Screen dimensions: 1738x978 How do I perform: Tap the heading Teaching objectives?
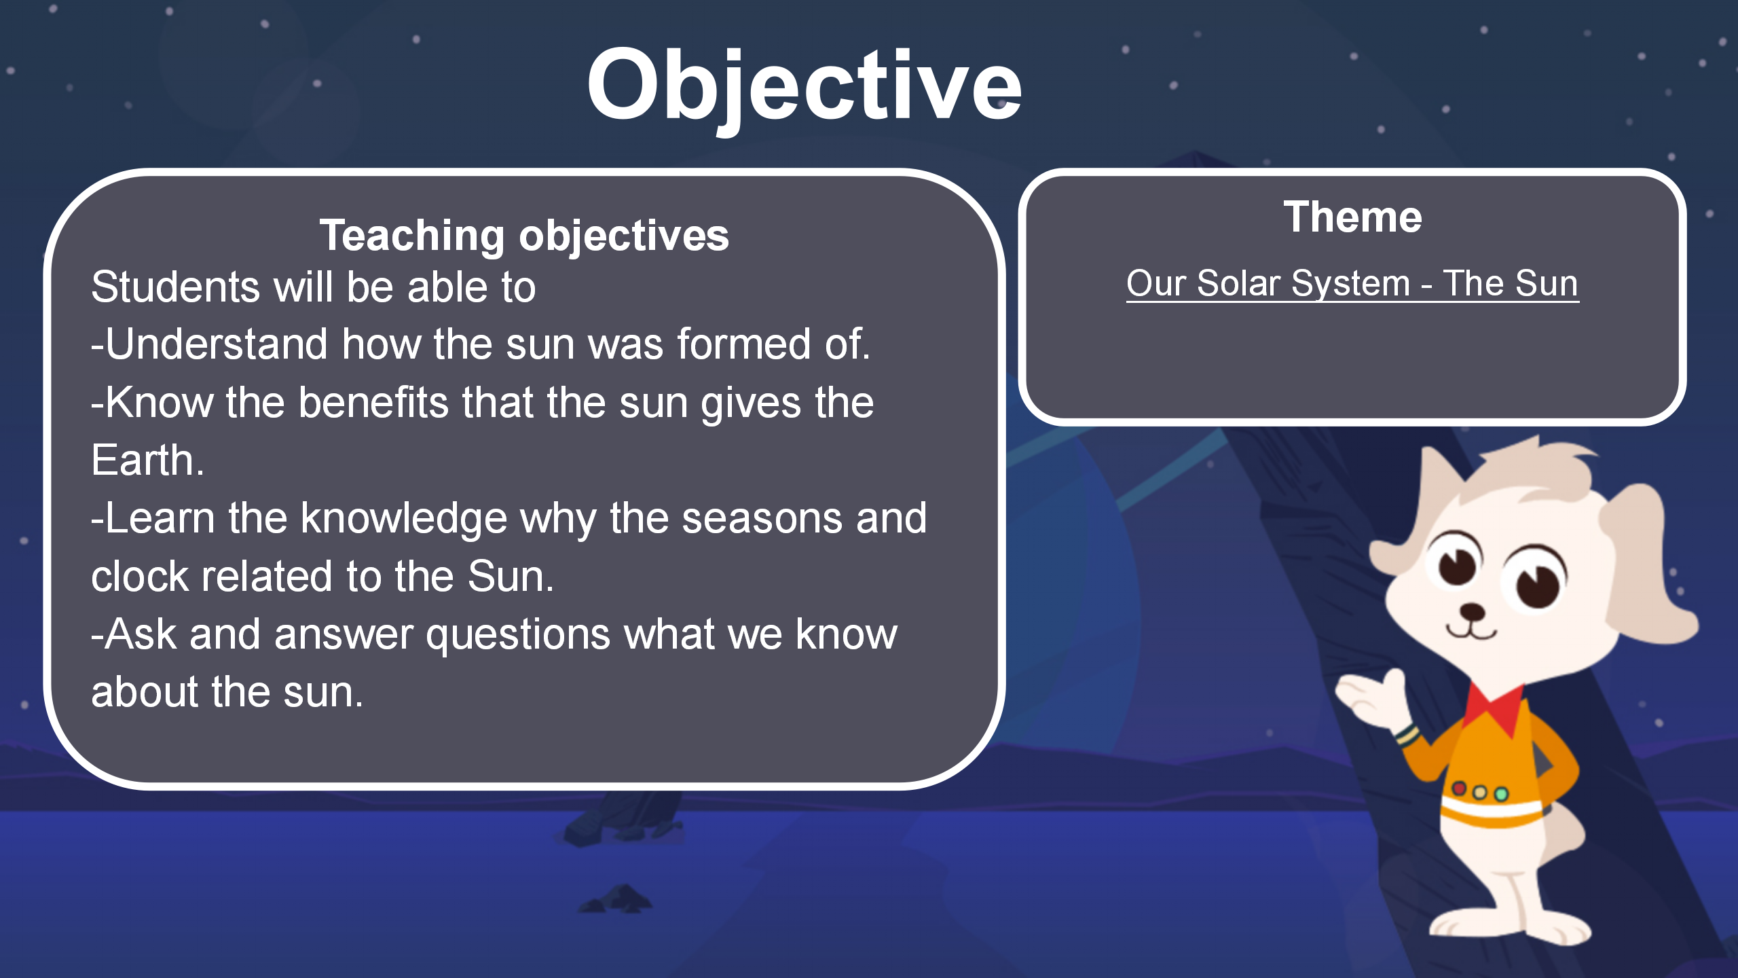524,236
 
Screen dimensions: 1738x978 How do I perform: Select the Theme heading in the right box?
1352,217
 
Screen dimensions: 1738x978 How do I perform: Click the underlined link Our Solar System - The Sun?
1352,283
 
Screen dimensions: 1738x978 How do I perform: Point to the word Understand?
218,344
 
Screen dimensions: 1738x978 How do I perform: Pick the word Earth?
147,460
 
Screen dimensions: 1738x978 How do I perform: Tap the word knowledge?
404,519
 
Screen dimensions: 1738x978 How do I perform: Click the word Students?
175,286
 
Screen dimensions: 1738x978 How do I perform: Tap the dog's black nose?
1471,611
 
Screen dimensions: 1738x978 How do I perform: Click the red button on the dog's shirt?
1459,789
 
